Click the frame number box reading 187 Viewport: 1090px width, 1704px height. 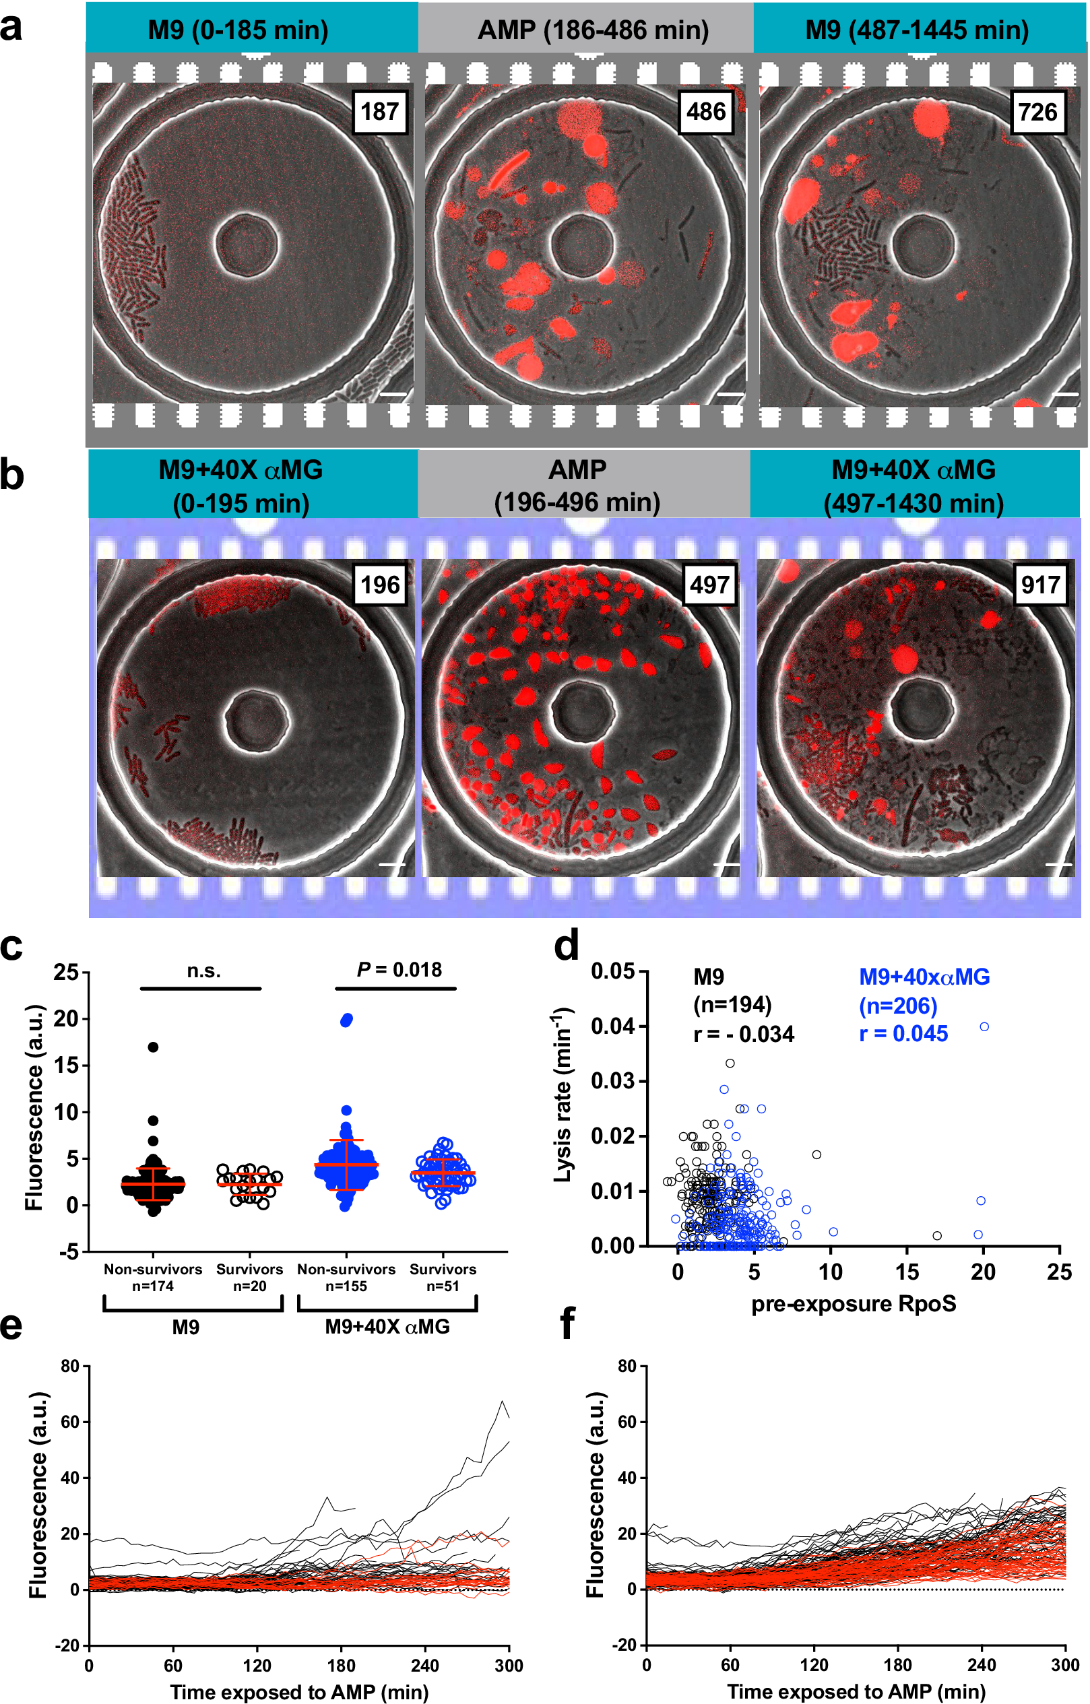(379, 112)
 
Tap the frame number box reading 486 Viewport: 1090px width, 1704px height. (705, 112)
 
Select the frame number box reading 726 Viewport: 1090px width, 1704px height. (1037, 112)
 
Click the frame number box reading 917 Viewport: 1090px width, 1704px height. (1039, 585)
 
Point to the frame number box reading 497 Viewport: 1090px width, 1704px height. (709, 585)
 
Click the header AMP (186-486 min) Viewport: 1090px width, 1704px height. (592, 30)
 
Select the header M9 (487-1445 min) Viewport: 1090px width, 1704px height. (917, 30)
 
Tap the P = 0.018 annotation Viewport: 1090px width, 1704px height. (399, 969)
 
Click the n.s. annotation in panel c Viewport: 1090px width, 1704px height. (204, 971)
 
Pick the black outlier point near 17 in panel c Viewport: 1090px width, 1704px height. (153, 1047)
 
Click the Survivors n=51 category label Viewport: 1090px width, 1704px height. (443, 1277)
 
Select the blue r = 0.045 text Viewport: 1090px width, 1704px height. (903, 1034)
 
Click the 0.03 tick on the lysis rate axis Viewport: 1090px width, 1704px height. (614, 1081)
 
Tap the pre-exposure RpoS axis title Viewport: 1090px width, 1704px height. (853, 1303)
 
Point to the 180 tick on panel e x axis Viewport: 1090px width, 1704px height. (341, 1666)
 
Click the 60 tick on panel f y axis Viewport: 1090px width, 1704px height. (627, 1422)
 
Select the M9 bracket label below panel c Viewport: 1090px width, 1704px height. (185, 1327)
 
